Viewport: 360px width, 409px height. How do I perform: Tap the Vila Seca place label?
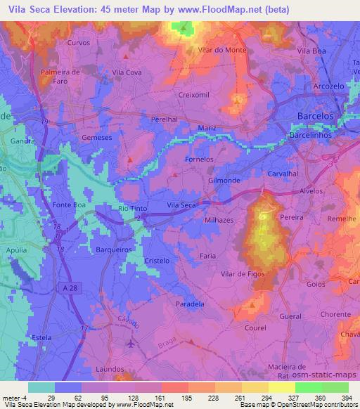[181, 204]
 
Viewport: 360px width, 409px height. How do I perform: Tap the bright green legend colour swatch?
[308, 387]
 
